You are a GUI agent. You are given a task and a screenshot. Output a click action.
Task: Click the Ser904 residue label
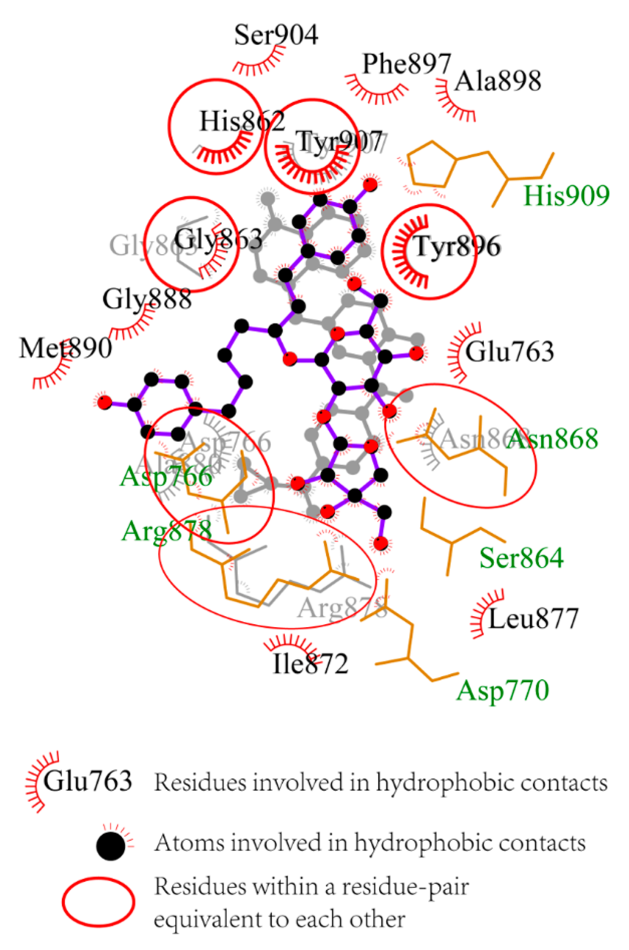[276, 35]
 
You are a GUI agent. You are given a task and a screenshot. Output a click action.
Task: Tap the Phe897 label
[407, 63]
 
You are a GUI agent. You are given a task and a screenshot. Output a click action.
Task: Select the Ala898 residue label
[498, 81]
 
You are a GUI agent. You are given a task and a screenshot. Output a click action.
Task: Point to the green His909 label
[566, 196]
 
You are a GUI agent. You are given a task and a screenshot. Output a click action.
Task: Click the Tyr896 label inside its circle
[458, 247]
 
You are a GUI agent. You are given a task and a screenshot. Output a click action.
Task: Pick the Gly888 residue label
[147, 299]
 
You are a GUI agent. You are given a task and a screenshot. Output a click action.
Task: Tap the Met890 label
[65, 348]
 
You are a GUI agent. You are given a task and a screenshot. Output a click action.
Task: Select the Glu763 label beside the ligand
[509, 352]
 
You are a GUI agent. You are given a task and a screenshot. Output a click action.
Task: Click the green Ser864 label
[521, 558]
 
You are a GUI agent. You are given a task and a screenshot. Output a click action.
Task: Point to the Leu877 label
[533, 619]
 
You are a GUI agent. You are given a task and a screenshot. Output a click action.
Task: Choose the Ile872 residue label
[310, 664]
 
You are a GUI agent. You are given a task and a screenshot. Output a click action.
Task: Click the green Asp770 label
[502, 690]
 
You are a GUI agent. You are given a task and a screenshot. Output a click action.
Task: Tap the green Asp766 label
[166, 476]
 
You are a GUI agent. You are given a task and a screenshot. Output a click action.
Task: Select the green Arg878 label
[166, 531]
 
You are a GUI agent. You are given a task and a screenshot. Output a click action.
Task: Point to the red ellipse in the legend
[98, 902]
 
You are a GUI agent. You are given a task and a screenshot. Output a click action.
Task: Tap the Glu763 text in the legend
[88, 782]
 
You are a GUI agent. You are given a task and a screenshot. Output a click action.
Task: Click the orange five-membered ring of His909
[432, 164]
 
